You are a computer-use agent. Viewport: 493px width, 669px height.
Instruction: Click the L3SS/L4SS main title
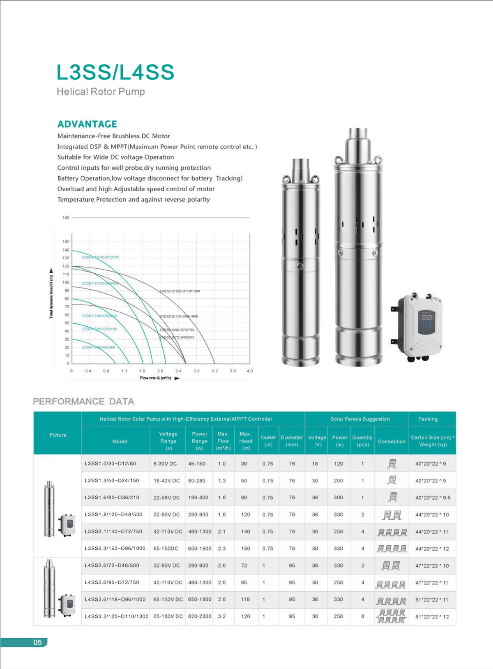(115, 72)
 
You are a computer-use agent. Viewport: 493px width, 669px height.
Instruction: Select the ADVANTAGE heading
(87, 124)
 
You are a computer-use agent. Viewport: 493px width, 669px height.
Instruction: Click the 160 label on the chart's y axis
(66, 218)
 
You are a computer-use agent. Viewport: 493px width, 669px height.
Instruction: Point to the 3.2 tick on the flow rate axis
(214, 371)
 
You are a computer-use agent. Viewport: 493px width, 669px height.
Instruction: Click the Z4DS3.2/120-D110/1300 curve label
(180, 291)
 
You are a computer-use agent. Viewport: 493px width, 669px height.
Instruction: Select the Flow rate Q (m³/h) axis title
(156, 378)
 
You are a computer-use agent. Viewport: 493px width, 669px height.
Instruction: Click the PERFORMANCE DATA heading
(83, 401)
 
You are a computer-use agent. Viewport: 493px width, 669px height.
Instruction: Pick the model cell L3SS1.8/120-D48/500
(113, 514)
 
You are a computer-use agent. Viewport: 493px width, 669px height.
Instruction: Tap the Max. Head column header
(246, 441)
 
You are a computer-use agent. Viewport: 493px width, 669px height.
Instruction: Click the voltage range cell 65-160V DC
(168, 616)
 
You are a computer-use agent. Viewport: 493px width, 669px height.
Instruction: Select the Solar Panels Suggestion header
(360, 419)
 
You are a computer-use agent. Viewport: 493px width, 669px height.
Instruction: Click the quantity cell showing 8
(362, 616)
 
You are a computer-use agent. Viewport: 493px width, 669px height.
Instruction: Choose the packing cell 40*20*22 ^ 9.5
(432, 498)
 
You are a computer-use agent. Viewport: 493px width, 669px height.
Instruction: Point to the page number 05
(37, 642)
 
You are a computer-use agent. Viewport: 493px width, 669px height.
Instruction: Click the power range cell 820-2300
(200, 616)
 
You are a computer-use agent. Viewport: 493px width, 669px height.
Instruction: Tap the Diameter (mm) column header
(292, 441)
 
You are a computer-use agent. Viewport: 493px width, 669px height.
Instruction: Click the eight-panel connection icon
(392, 616)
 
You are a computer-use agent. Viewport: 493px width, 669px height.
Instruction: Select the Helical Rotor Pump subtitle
(101, 92)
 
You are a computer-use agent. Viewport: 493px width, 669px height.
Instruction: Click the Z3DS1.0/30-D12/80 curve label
(99, 347)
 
